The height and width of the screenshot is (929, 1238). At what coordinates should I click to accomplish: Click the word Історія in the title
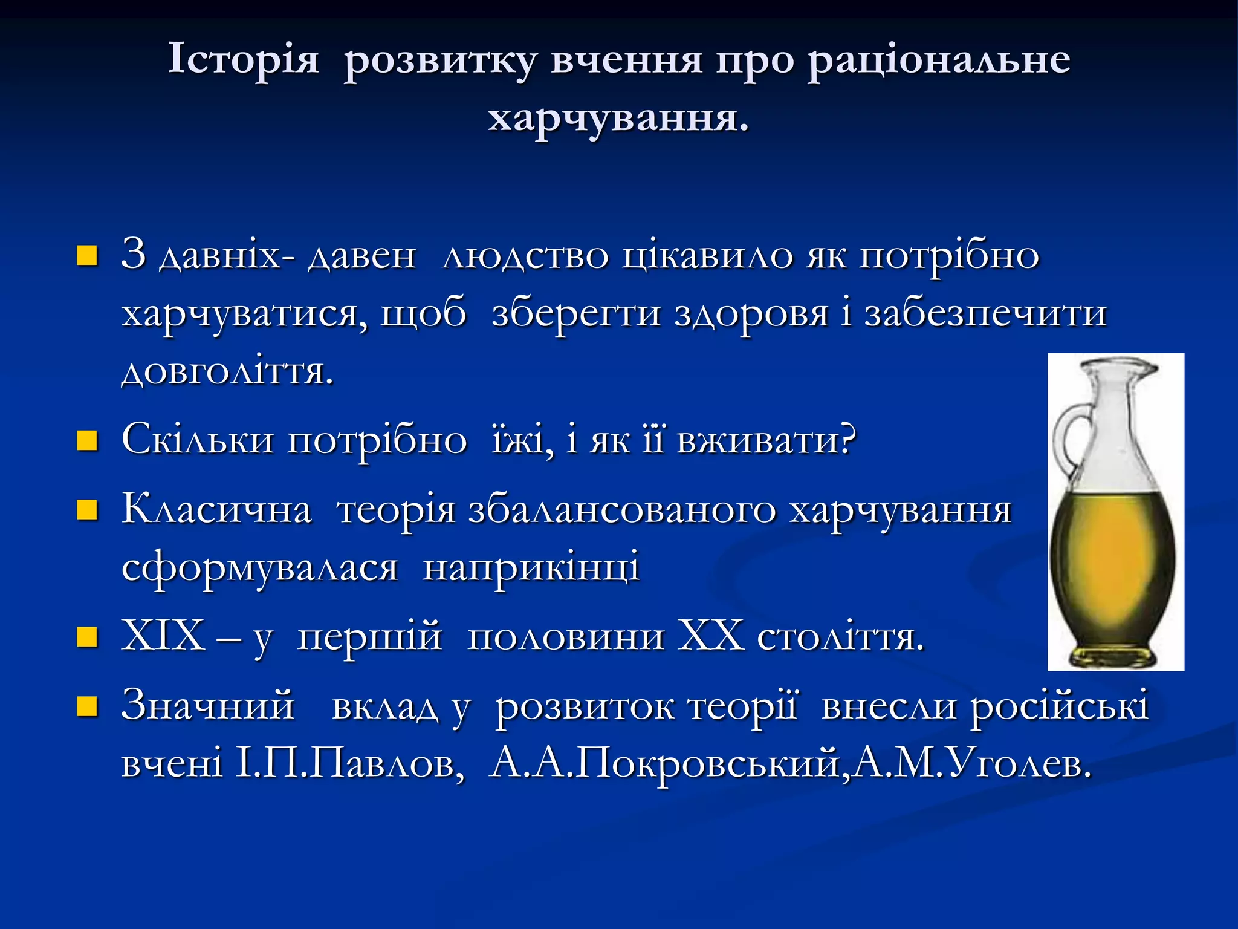pos(243,60)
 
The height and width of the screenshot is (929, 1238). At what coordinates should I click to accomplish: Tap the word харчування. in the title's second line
pos(618,117)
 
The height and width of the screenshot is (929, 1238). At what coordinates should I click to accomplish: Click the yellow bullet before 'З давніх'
pos(87,256)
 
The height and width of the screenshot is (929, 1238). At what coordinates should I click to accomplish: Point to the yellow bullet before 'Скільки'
pos(87,441)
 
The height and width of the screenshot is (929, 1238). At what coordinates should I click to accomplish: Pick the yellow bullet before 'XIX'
pos(87,637)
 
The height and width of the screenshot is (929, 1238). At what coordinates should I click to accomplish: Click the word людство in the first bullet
pos(525,256)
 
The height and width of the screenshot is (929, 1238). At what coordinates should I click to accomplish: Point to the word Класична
pos(216,509)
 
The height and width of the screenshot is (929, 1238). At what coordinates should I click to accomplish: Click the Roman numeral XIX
pos(163,636)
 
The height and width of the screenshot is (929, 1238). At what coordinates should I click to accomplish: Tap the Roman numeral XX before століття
pos(710,636)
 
